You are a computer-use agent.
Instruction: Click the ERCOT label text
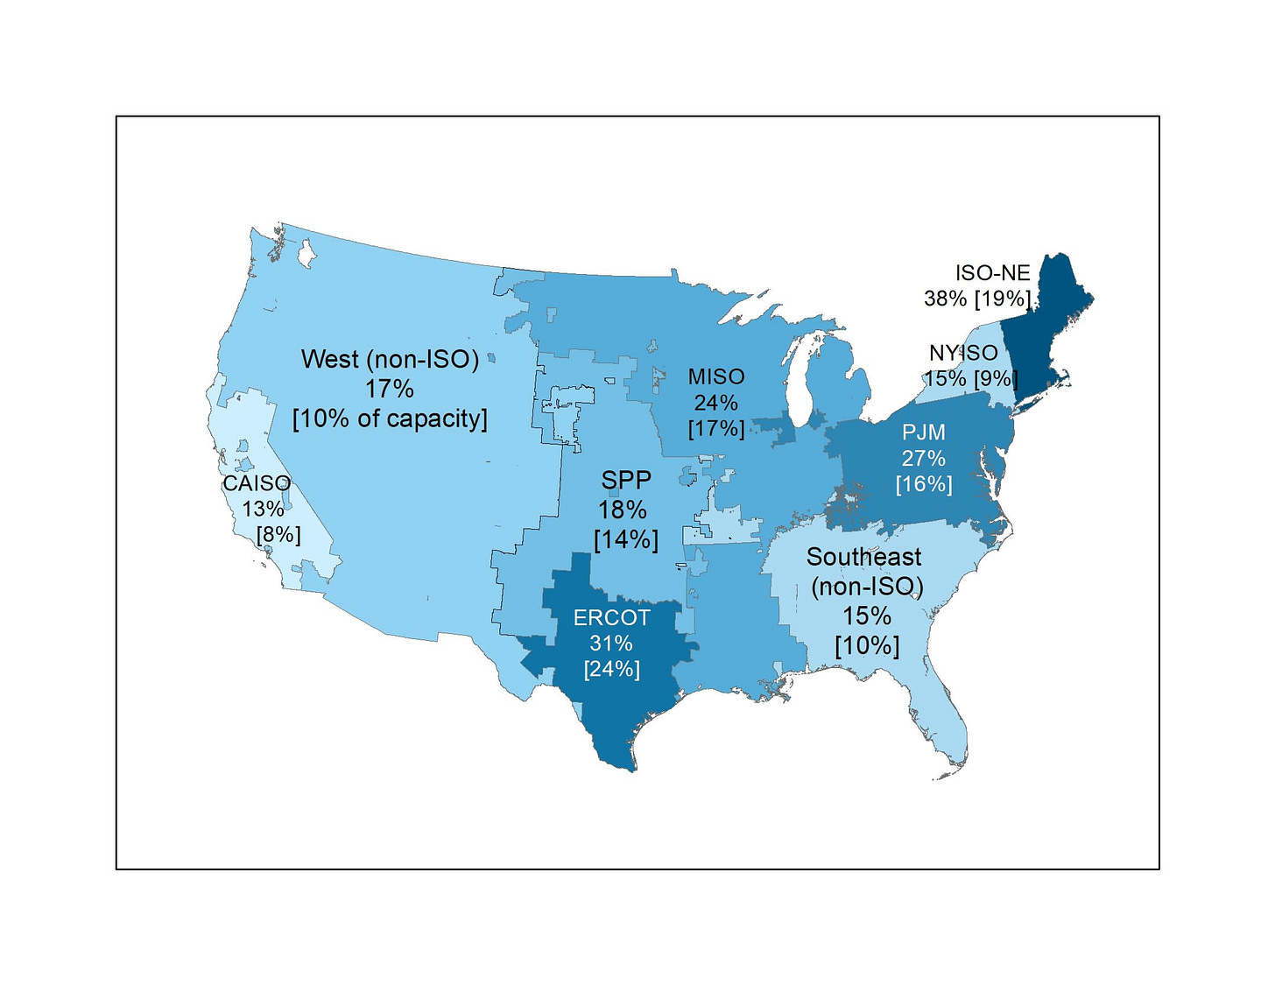(x=611, y=617)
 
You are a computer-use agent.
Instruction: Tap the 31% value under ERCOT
(x=611, y=644)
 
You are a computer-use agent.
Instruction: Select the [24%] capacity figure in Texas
(x=611, y=669)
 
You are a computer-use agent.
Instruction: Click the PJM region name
(x=924, y=433)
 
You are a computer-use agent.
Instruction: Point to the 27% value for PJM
(x=924, y=458)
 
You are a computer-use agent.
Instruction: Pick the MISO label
(x=716, y=376)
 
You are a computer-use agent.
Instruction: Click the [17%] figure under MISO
(x=716, y=429)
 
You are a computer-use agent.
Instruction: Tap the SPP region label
(x=626, y=480)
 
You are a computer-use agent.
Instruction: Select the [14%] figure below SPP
(x=626, y=539)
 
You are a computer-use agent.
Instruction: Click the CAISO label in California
(x=257, y=483)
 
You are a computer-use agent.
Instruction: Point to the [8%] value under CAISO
(x=278, y=534)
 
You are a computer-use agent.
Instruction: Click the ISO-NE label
(x=993, y=273)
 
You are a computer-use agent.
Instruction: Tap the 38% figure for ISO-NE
(x=945, y=299)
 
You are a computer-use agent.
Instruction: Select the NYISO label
(x=963, y=353)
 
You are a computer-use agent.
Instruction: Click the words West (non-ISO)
(x=390, y=359)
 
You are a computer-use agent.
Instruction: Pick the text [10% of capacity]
(x=390, y=419)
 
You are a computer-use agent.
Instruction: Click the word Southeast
(x=864, y=557)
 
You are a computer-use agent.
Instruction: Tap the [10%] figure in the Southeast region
(x=867, y=646)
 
